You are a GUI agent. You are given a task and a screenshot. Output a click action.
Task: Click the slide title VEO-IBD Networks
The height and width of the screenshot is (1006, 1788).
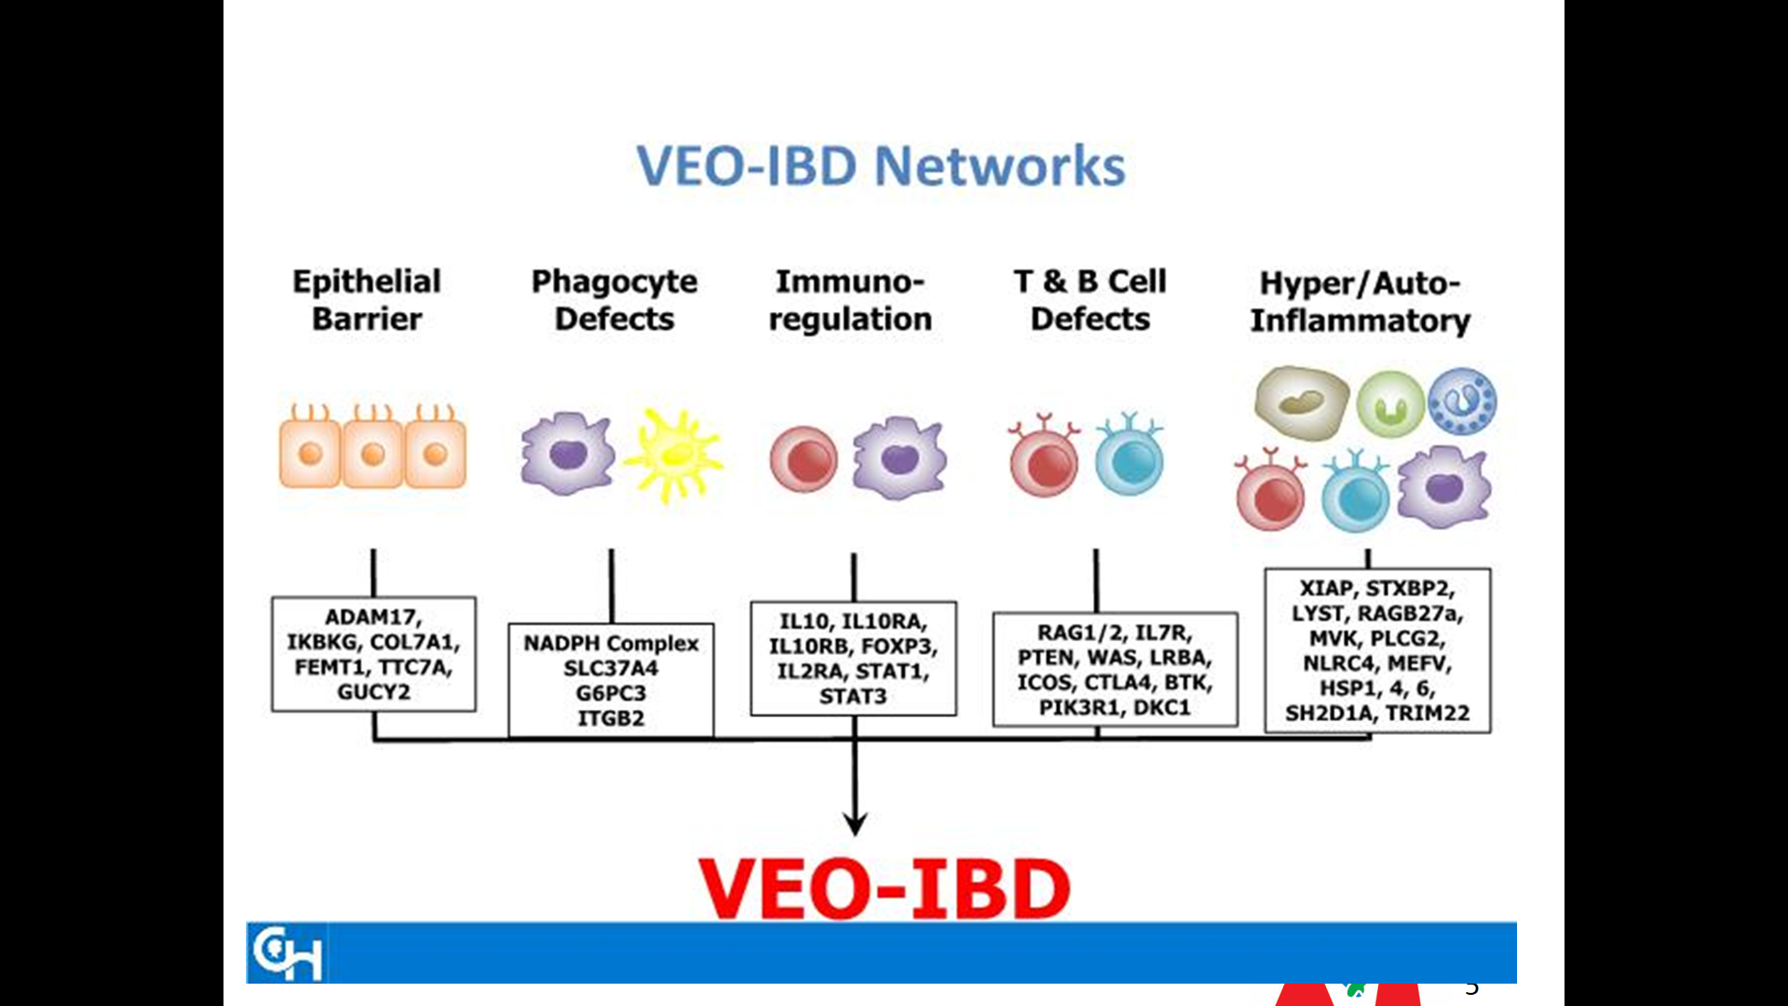coord(881,166)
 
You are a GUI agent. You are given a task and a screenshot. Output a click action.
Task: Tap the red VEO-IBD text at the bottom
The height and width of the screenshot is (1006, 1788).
coord(884,888)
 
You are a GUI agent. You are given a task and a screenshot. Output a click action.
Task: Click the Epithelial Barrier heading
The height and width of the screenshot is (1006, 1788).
coord(367,299)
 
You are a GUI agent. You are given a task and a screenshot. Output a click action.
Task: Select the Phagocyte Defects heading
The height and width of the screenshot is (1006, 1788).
coord(614,300)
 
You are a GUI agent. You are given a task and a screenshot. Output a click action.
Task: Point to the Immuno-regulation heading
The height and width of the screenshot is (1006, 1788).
coord(850,300)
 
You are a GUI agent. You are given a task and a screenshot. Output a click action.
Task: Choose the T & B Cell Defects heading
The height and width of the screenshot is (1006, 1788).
coord(1090,299)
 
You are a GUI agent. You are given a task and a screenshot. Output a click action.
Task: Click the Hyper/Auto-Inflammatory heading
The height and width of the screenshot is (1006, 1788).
coord(1360,302)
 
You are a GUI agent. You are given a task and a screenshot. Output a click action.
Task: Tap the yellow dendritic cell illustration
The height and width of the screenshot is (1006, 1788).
coord(673,455)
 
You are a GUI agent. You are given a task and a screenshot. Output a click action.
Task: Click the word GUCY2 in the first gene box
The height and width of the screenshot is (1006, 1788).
coord(373,692)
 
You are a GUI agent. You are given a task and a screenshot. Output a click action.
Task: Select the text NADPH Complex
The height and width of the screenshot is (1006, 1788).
coord(611,644)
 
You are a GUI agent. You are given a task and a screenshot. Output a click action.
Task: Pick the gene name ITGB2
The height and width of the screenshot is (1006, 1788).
coord(611,718)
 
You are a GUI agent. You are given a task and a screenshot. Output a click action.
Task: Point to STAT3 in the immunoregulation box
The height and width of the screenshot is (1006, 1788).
coord(853,696)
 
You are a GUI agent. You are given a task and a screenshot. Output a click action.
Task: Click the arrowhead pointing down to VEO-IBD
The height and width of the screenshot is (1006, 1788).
coord(855,823)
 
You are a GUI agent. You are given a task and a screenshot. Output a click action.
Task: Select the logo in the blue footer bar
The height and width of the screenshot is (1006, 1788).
coord(288,953)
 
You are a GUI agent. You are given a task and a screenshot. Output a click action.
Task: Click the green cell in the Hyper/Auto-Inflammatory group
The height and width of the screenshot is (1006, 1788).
coord(1390,404)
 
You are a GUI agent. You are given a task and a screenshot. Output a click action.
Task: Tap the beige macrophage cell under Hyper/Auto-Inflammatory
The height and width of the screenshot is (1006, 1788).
coord(1301,401)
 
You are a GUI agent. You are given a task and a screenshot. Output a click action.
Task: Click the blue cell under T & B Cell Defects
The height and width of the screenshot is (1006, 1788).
coord(1130,455)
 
